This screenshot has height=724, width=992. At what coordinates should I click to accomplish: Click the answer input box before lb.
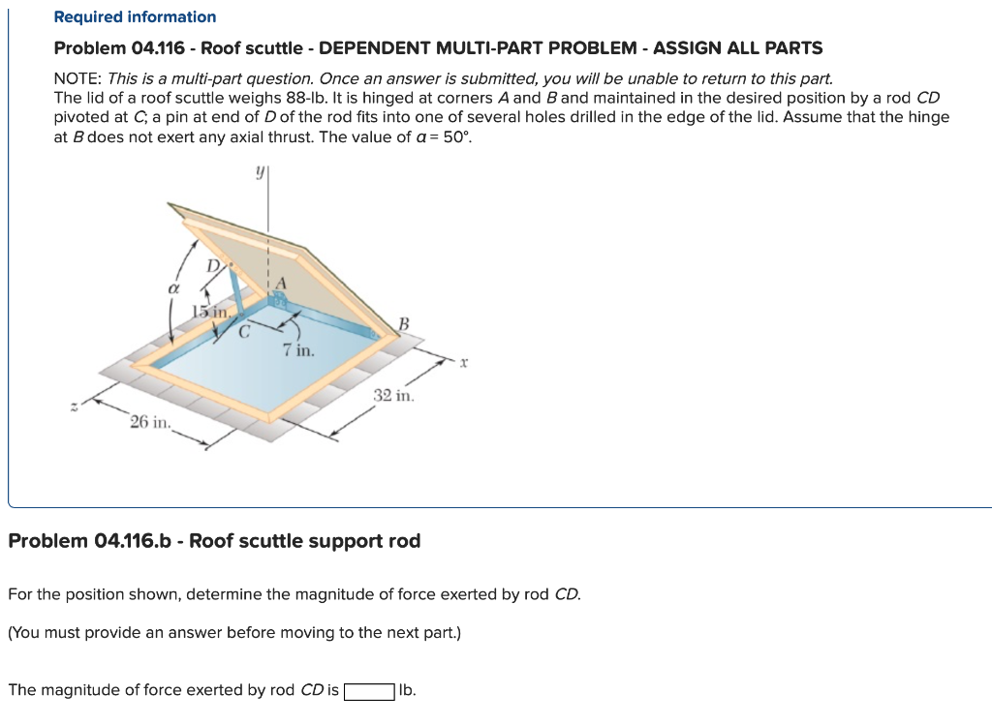coord(369,691)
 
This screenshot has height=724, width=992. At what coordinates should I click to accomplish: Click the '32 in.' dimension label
coord(393,396)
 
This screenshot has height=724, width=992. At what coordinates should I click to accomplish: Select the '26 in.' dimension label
coord(150,423)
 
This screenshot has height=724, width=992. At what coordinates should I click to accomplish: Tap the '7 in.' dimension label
coord(298,349)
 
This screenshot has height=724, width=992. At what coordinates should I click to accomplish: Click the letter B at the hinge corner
coord(404,322)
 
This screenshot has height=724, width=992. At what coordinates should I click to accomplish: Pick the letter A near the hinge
coord(282,283)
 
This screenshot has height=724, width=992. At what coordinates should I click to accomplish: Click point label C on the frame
coord(245,330)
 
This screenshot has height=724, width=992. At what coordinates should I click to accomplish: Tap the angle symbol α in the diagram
coord(174,288)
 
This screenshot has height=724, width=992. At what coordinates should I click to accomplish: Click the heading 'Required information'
coord(135,16)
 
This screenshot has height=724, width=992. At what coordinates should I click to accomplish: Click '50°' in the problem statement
coord(453,136)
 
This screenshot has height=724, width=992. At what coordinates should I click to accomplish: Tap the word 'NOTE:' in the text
coord(78,78)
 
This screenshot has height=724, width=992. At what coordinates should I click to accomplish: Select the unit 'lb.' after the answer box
coord(408,690)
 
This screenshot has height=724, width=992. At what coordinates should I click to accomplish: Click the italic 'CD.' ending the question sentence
coord(567,594)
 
